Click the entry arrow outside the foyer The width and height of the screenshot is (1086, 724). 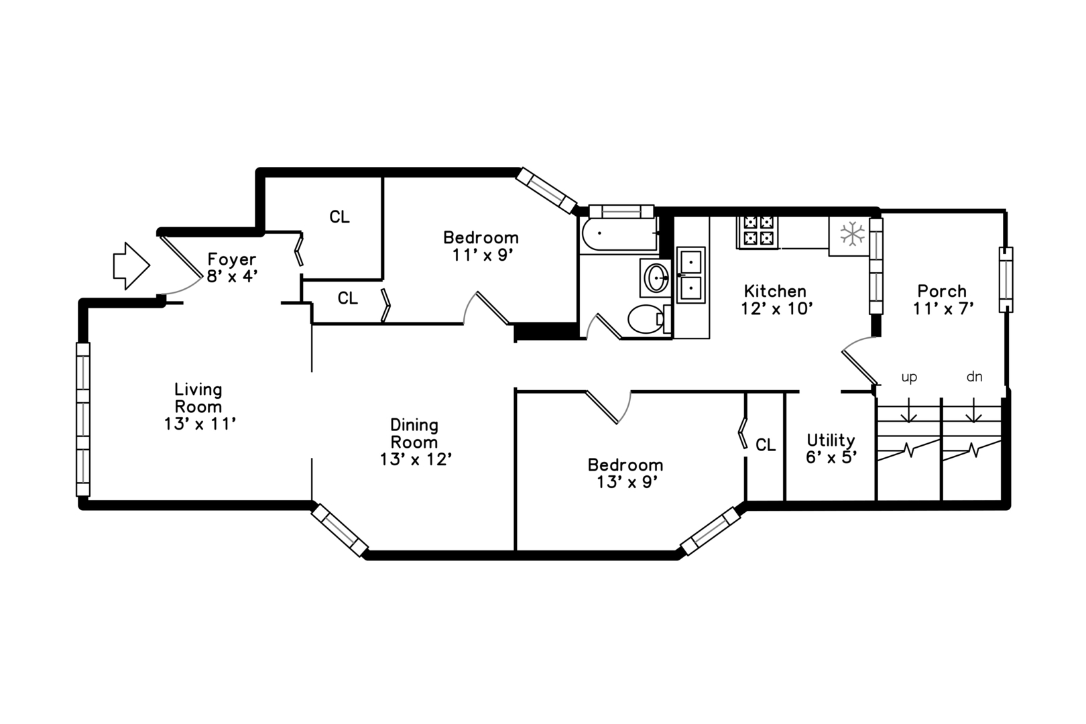pos(131,266)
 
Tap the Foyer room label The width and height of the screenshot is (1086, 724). pos(232,259)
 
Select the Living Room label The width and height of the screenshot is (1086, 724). pos(198,398)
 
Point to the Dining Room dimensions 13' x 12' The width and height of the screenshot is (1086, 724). pos(416,459)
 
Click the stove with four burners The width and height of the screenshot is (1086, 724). pos(758,232)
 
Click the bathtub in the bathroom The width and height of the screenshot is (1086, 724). pos(619,235)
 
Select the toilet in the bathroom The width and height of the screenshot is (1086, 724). pos(649,318)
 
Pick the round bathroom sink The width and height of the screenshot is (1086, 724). pos(656,278)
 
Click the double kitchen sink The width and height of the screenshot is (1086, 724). pos(691,275)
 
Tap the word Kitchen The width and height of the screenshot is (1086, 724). pos(775,291)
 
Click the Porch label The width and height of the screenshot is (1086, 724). pos(942,291)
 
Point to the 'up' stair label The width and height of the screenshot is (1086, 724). pos(909,377)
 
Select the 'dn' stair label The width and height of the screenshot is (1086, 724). pos(975,376)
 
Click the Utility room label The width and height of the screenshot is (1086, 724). pos(831,440)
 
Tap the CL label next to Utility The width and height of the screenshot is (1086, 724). pos(766,444)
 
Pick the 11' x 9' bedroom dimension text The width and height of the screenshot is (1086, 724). pos(483,255)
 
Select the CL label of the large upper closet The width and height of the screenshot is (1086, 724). pos(339,217)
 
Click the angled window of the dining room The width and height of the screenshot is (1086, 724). pos(339,530)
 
